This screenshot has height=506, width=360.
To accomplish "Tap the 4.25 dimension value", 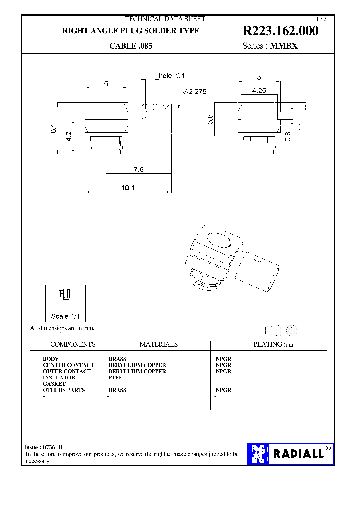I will click(x=259, y=90).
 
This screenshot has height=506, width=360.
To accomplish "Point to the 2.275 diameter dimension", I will click(x=197, y=92).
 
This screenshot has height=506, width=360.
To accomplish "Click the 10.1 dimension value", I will click(x=128, y=188).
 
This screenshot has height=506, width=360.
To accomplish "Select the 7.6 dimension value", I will click(x=138, y=170).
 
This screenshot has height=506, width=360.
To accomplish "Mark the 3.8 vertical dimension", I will click(x=210, y=119).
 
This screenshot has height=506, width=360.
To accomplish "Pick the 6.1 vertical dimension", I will click(x=53, y=129).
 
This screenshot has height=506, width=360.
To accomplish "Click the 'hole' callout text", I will click(x=165, y=76).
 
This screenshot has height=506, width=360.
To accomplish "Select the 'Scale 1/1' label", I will click(x=65, y=316).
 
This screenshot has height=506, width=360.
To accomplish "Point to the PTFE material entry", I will click(x=115, y=378).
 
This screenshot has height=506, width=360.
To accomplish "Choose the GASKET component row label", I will click(x=54, y=384).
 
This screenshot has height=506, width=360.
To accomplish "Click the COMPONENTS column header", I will click(x=73, y=344).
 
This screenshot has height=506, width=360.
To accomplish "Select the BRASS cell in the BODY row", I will click(x=117, y=359).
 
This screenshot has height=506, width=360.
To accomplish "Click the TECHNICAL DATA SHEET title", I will click(x=165, y=19).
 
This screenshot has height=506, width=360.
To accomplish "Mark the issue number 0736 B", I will click(x=53, y=447).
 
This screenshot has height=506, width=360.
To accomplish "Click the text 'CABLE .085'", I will click(x=131, y=46).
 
